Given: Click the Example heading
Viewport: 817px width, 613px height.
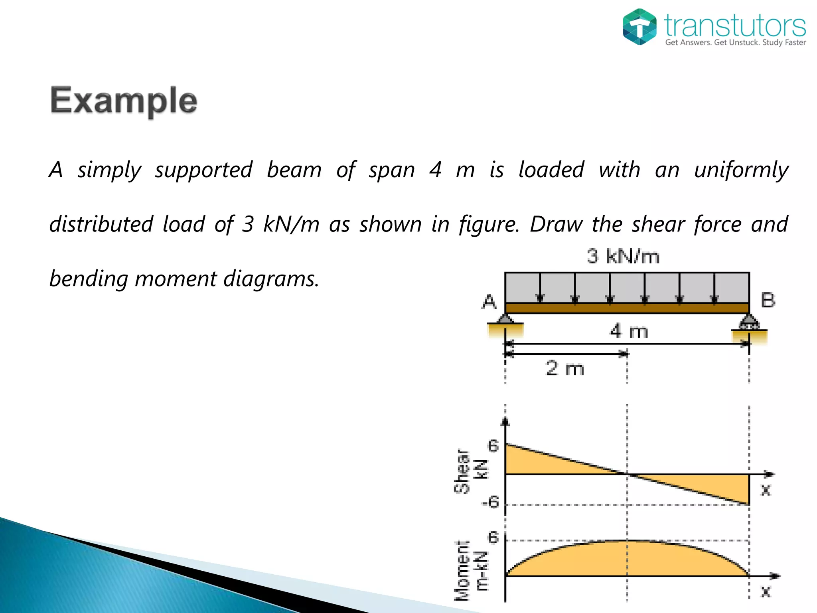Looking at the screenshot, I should [x=124, y=101].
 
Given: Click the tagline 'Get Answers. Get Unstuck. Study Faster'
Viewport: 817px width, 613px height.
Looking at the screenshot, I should [x=735, y=42].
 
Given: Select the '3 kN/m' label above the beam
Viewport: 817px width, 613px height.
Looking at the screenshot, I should [x=623, y=256].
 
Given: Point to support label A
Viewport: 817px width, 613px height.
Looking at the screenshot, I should [x=489, y=302].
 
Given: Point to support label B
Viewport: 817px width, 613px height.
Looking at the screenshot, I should [x=768, y=300].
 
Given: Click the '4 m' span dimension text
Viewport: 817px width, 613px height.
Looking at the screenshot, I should [x=629, y=331].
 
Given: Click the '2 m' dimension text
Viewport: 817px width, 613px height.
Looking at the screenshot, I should [x=565, y=368].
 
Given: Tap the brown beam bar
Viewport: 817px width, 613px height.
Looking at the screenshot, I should [x=627, y=308].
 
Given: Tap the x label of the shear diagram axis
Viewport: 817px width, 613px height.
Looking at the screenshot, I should [x=766, y=489].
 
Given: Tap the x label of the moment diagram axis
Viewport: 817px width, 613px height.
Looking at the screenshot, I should [x=766, y=591].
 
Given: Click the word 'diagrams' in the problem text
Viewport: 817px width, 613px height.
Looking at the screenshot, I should [x=270, y=279].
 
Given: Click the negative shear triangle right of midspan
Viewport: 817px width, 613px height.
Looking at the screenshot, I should [x=718, y=485].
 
